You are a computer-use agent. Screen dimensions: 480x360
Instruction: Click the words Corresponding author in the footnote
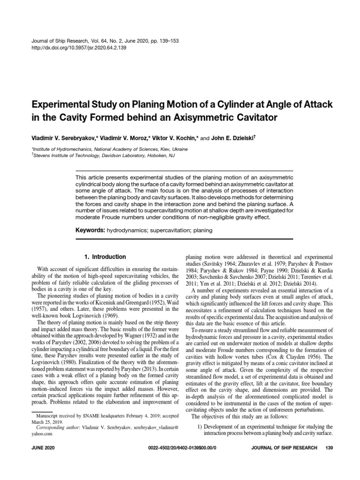58,427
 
